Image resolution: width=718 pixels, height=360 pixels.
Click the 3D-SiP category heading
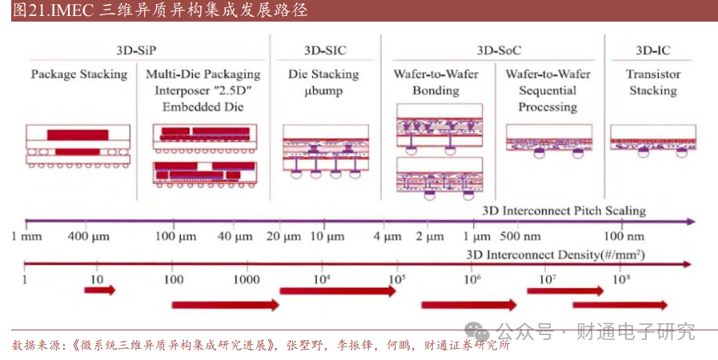pyautogui.click(x=136, y=50)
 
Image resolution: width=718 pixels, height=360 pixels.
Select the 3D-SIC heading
pyautogui.click(x=325, y=50)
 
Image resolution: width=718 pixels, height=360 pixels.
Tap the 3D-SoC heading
pyautogui.click(x=499, y=50)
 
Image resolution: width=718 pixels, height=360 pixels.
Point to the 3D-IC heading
pyautogui.click(x=653, y=50)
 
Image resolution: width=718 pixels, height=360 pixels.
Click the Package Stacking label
pyautogui.click(x=79, y=74)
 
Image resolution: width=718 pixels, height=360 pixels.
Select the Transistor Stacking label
pyautogui.click(x=653, y=82)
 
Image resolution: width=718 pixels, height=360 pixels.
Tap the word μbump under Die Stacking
pyautogui.click(x=323, y=91)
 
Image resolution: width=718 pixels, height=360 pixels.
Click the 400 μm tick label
pyautogui.click(x=88, y=237)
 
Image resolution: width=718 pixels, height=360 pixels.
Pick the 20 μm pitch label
pyautogui.click(x=284, y=237)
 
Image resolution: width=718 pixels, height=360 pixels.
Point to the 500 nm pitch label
pyautogui.click(x=520, y=237)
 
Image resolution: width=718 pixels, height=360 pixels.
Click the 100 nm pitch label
pyautogui.click(x=624, y=237)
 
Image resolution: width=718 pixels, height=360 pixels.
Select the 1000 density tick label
pyautogui.click(x=247, y=279)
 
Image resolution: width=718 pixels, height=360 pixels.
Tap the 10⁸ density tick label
pyautogui.click(x=621, y=278)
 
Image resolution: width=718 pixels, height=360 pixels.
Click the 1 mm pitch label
pyautogui.click(x=26, y=237)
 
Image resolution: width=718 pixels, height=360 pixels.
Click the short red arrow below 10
pyautogui.click(x=100, y=290)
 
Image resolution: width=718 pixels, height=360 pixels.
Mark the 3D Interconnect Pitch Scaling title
pyautogui.click(x=564, y=211)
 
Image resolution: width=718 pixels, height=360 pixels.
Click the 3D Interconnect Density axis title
pyautogui.click(x=556, y=254)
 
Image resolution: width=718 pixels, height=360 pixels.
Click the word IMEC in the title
pyautogui.click(x=72, y=10)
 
